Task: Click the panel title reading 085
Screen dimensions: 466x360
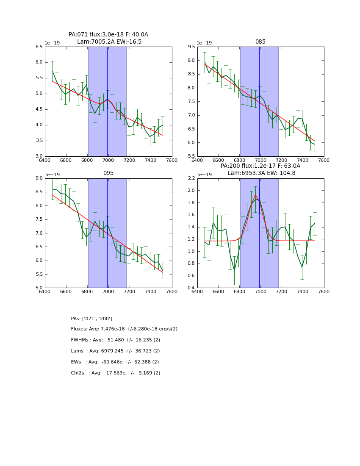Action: (260, 42)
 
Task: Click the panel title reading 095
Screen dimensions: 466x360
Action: (108, 173)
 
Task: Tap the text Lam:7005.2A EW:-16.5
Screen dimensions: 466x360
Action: (109, 42)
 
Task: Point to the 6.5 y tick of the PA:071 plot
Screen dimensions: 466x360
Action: (39, 47)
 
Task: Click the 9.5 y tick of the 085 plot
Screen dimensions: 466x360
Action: (191, 47)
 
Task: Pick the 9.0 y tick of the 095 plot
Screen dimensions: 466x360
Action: (39, 178)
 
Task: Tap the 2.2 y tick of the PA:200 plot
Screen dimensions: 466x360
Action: (191, 178)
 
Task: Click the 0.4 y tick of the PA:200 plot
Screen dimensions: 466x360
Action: (191, 288)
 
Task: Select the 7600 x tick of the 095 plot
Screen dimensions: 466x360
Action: (172, 291)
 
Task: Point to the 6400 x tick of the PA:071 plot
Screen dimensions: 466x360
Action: (45, 160)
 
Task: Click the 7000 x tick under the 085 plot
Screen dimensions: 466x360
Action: (260, 160)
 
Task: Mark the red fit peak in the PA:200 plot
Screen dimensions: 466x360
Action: (255, 195)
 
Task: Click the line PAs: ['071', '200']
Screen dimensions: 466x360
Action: (91, 319)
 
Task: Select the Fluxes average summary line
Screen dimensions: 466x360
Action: (124, 329)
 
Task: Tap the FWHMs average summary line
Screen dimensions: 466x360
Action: (115, 340)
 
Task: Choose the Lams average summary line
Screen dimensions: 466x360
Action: (115, 351)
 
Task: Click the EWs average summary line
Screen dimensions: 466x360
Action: (115, 362)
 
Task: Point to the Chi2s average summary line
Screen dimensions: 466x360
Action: (115, 373)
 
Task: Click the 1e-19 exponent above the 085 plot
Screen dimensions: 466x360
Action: (204, 43)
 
